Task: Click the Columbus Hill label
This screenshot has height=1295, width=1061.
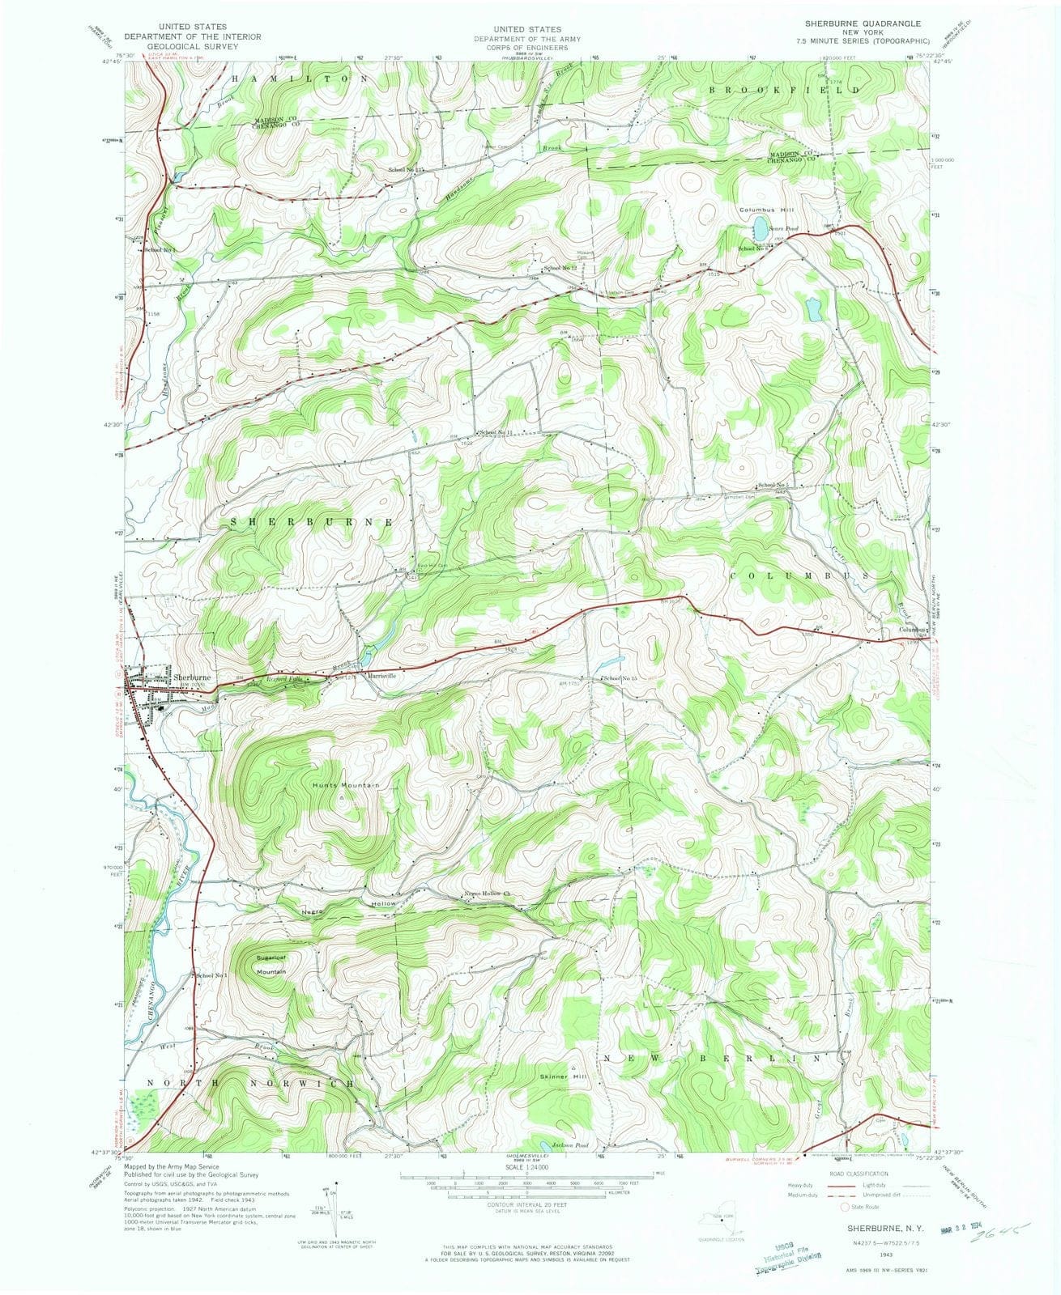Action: [763, 210]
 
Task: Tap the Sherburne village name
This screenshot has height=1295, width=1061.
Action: [192, 677]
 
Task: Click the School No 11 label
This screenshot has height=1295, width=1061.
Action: [501, 433]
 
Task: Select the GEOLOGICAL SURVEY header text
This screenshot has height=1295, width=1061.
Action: [193, 46]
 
